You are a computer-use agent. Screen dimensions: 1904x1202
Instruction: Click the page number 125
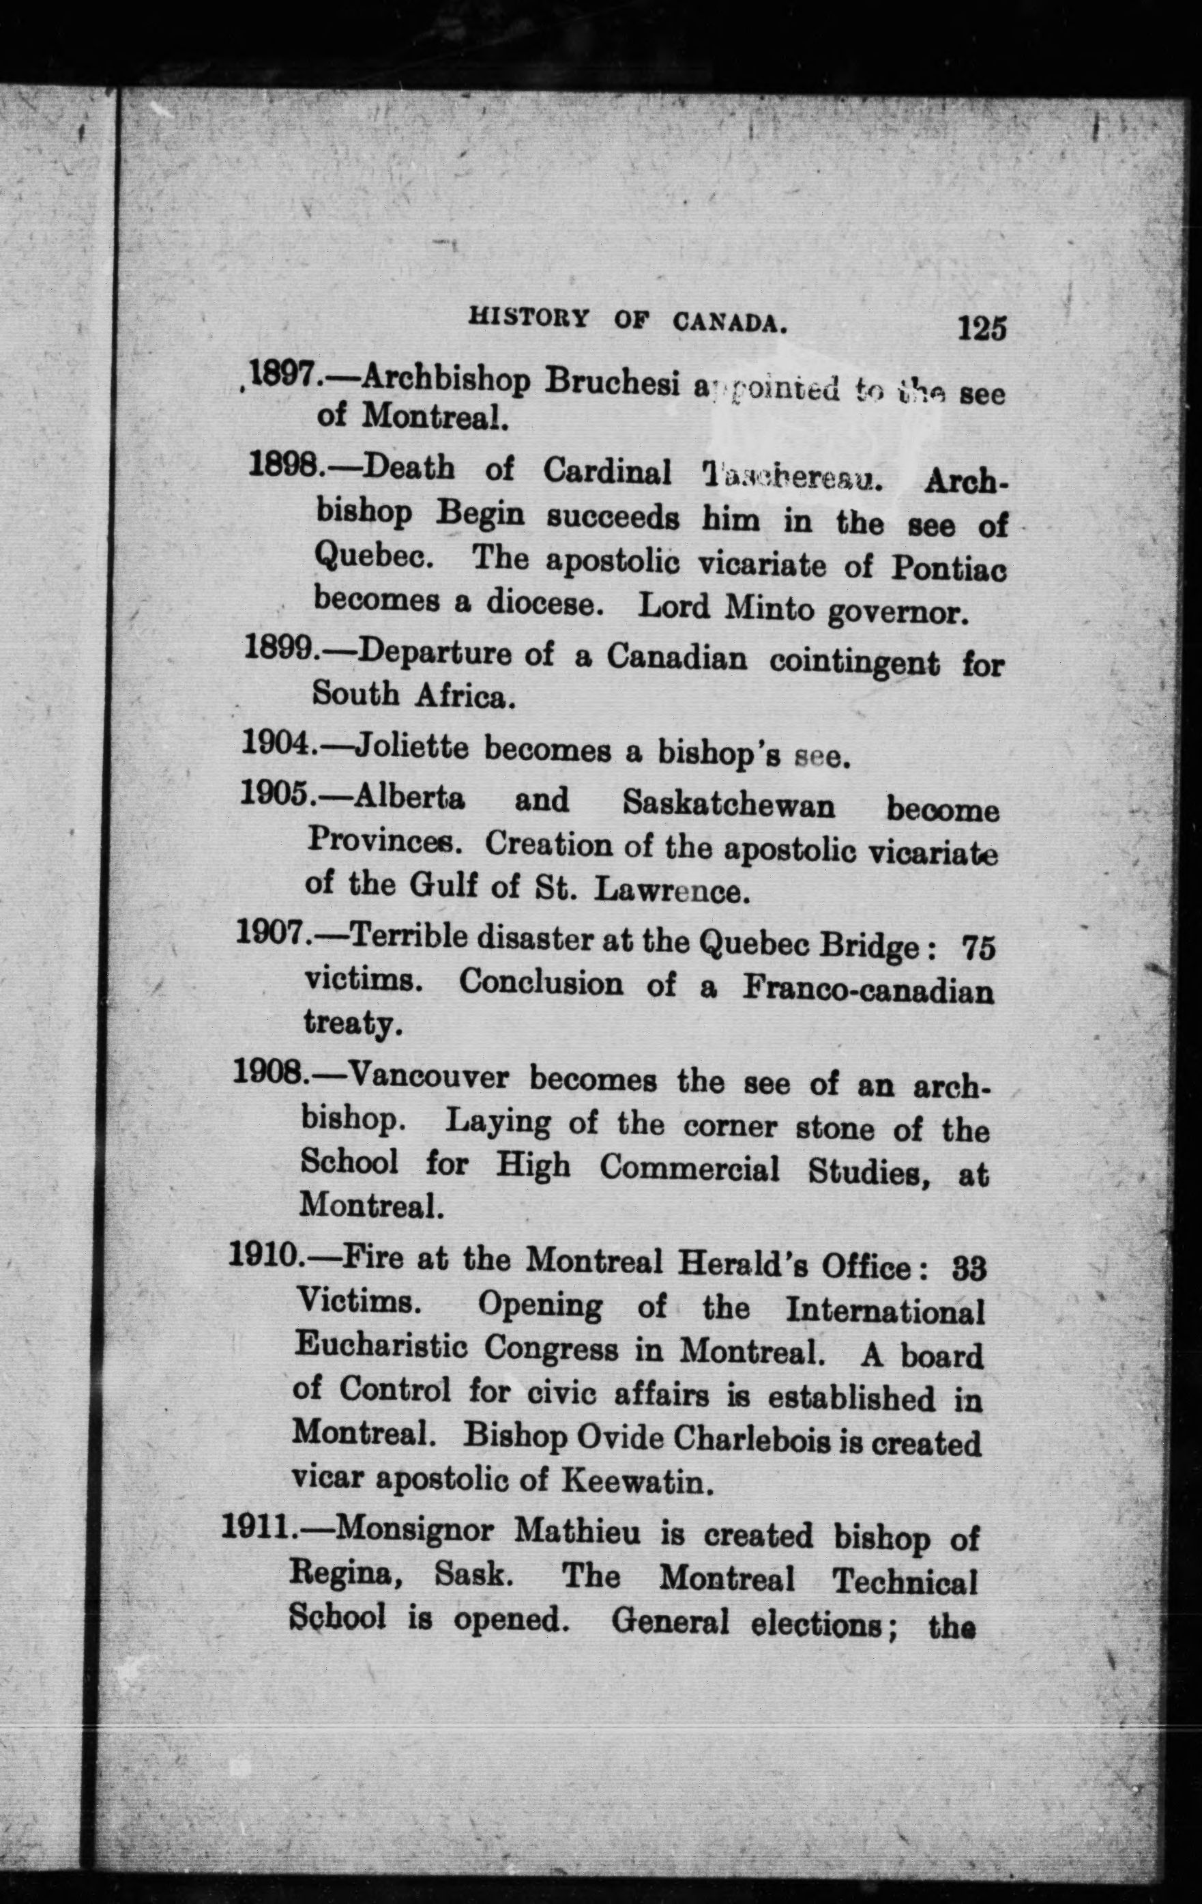point(982,328)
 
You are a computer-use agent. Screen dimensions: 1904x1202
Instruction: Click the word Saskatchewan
point(728,805)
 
